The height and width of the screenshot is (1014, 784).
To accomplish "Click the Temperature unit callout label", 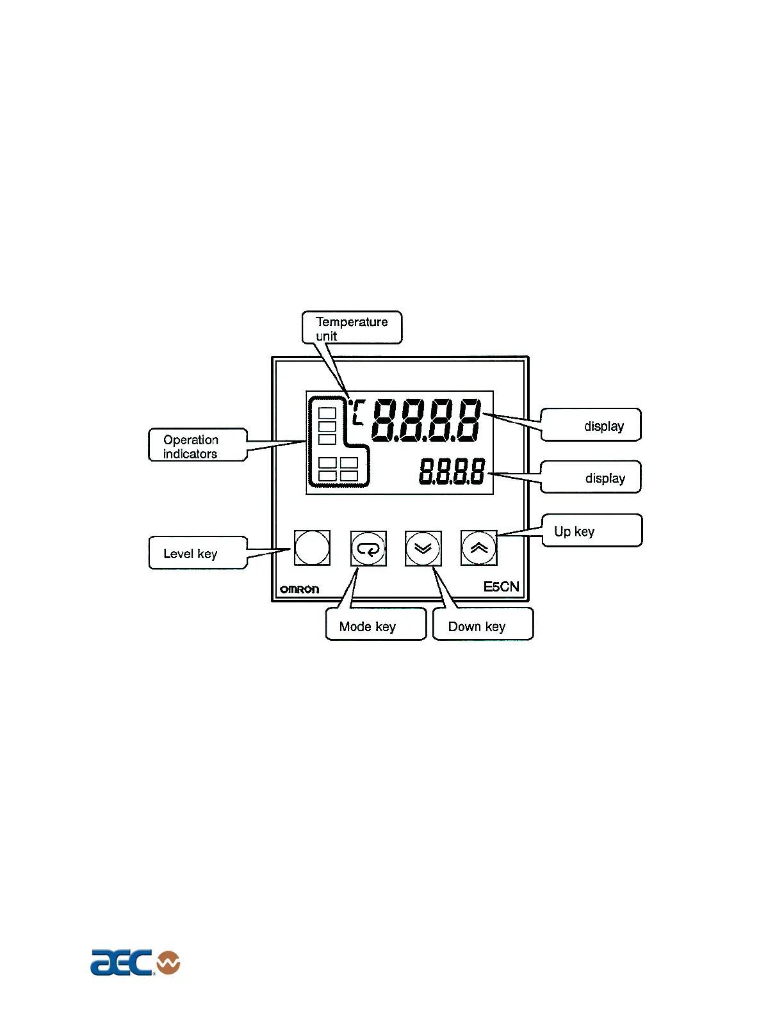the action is coord(352,328).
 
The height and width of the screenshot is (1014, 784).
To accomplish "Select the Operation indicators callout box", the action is coord(197,446).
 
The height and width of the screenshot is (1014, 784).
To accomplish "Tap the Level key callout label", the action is coord(197,553).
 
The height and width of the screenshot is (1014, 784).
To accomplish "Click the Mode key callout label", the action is coord(375,625).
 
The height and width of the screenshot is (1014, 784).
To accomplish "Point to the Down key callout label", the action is coord(482,625).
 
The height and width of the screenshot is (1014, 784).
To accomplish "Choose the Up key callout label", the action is coord(591,531).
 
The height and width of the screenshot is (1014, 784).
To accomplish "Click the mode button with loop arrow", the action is coord(368,549).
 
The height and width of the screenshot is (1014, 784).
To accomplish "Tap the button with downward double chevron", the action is coord(423,549).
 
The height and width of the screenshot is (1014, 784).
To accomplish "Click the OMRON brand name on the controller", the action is coord(299,589).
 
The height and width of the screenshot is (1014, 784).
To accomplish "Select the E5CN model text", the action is coord(501,586).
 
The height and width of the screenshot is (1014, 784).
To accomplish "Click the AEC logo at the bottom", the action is coord(122,962).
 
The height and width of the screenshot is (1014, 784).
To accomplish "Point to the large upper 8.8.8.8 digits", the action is coord(426,420).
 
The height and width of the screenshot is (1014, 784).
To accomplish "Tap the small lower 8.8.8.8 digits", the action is coord(452,472).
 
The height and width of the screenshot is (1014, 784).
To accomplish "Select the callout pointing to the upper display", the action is coord(591,425).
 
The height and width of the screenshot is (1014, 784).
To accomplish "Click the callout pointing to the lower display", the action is coord(591,478).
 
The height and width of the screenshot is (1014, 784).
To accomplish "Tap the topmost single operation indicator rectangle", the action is coord(327,413).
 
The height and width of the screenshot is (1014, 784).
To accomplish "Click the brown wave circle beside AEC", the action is coord(168,962).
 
